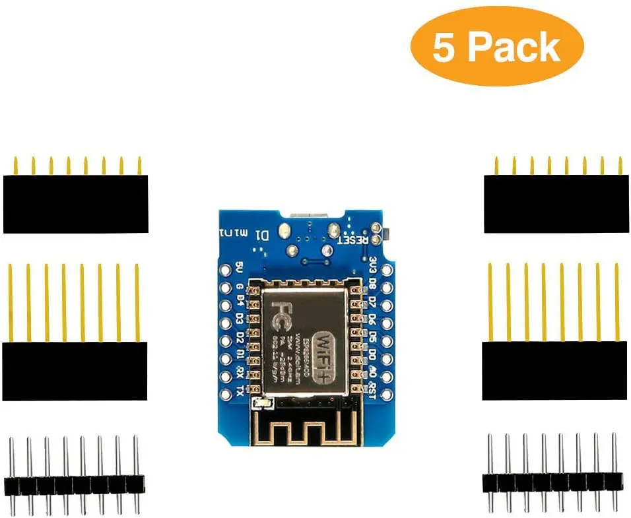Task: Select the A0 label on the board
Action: (373, 377)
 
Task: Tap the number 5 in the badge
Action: (444, 47)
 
